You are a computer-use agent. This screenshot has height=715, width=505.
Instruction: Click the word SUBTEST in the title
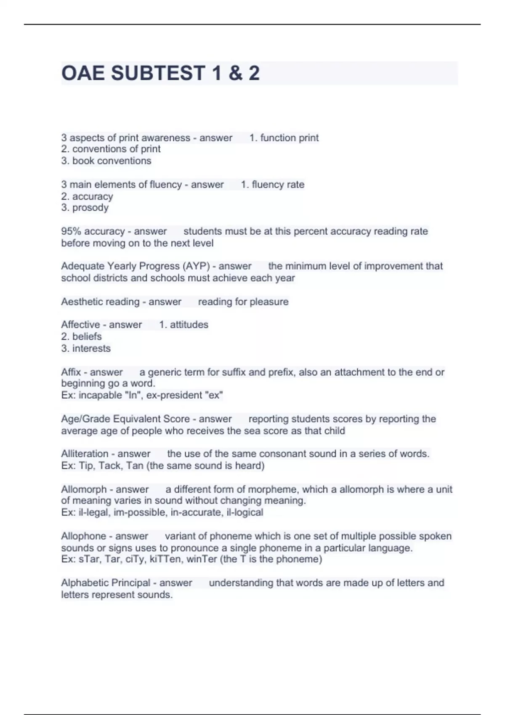click(x=158, y=73)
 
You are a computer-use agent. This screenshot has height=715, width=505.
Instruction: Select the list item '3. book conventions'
click(x=106, y=161)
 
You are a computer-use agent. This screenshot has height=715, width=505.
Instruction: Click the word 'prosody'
click(x=90, y=208)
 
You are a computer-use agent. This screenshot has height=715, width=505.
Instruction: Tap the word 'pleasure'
click(x=268, y=302)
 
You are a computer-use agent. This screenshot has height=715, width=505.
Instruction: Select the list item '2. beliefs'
click(x=81, y=336)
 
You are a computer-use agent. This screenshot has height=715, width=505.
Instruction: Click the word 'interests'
click(x=91, y=348)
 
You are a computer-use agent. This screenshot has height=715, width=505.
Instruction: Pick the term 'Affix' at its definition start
click(x=71, y=372)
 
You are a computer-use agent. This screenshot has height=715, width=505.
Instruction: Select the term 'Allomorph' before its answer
click(x=84, y=490)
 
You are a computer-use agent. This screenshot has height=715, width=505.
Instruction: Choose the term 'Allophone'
click(x=84, y=536)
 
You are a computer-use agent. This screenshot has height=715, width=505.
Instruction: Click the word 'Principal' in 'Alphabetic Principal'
click(x=129, y=583)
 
